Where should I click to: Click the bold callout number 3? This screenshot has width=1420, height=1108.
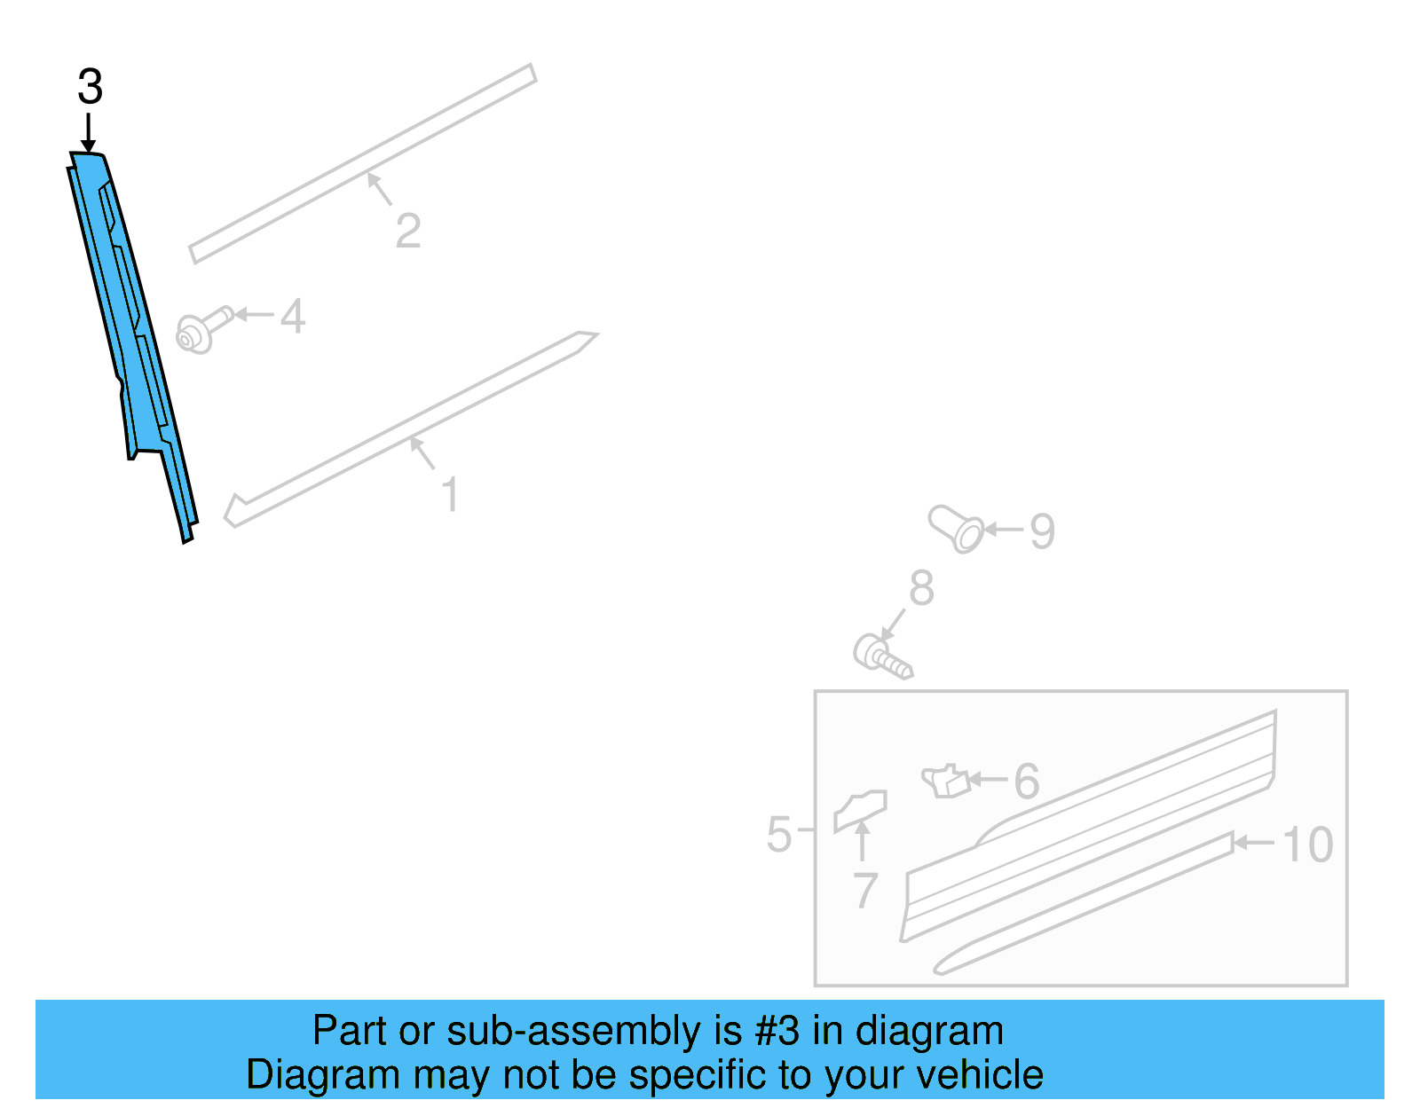90,88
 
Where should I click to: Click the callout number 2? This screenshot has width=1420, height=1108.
407,232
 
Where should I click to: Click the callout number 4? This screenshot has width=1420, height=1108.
293,317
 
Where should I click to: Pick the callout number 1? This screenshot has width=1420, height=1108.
451,494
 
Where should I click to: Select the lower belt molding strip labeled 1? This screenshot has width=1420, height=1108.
408,429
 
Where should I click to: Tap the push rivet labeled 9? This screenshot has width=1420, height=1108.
957,528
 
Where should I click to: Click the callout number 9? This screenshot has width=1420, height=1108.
1042,531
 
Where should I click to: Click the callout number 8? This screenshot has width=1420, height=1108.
921,588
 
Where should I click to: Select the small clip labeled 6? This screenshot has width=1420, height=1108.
945,781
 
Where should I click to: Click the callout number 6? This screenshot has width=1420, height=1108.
1026,782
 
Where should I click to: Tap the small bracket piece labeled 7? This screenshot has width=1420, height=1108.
859,810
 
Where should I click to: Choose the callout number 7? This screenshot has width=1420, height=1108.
864,890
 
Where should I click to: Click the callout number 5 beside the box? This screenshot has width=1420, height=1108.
778,835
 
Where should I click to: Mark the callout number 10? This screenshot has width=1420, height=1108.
1307,845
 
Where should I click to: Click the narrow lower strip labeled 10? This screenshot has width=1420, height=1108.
1083,905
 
